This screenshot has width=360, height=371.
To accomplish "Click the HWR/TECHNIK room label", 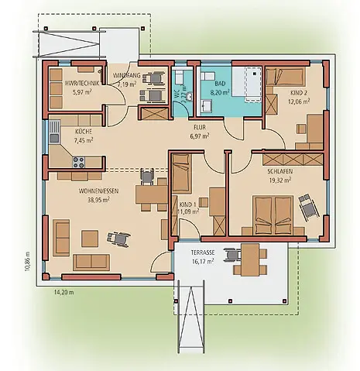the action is (82, 83).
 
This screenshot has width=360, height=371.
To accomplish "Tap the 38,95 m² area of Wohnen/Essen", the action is (98, 200).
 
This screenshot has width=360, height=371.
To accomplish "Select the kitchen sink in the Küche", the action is (54, 132).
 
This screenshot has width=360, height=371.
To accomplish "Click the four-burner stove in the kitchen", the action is (78, 162).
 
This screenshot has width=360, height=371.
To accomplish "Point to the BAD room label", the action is (220, 84).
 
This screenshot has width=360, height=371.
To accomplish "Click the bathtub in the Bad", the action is (252, 84).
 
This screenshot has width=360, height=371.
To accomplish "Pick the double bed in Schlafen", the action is (273, 215).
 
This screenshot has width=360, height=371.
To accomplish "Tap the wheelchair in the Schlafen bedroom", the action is (308, 207).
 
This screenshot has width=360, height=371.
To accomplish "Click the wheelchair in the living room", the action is (118, 239).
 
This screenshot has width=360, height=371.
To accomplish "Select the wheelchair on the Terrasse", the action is (232, 255).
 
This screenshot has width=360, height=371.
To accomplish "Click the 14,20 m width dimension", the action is (63, 292).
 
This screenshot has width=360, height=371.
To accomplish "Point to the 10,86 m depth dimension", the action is (28, 261).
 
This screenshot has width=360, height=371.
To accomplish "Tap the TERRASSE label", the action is (203, 252).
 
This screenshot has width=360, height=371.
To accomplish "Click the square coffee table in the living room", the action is (90, 239).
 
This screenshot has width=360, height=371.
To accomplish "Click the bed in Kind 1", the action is (182, 173).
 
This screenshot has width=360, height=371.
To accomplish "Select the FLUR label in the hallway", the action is (200, 128).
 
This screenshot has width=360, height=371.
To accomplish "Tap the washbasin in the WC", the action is (190, 96).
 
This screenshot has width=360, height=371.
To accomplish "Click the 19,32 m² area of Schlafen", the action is (280, 180).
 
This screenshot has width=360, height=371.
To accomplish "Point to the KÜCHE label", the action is (84, 132).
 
